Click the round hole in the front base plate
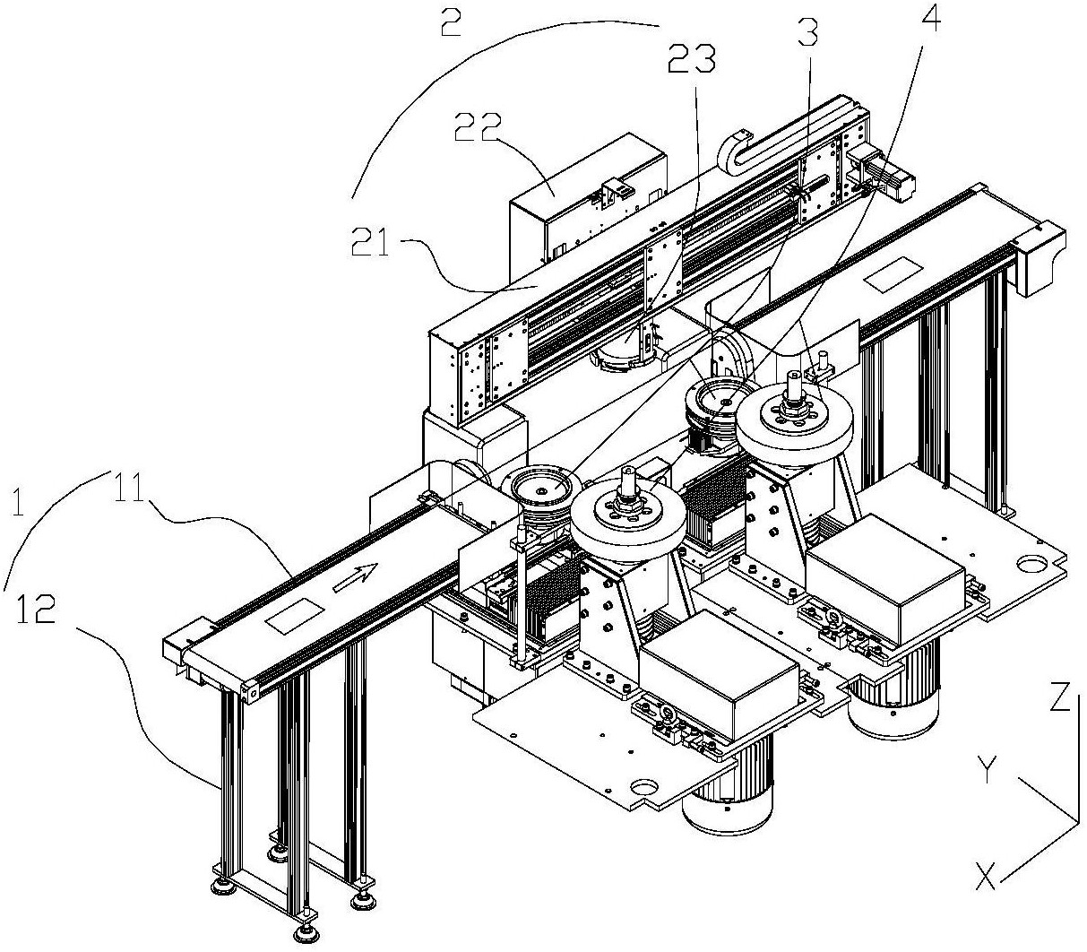tap(643, 789)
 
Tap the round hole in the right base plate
tap(1032, 566)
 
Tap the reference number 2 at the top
tap(451, 21)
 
